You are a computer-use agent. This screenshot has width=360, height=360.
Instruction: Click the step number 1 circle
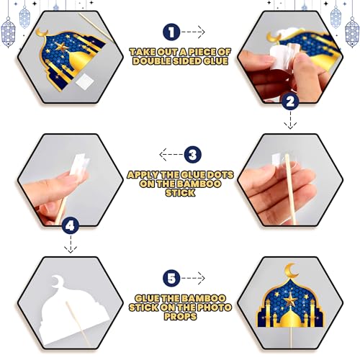[x=171, y=32]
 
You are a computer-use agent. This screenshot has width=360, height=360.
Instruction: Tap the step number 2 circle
[x=290, y=102]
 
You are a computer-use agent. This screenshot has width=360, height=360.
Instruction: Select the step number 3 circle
[x=193, y=155]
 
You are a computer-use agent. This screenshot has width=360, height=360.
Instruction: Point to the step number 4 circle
[x=70, y=225]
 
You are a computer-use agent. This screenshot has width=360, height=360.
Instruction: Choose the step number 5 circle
[x=171, y=279]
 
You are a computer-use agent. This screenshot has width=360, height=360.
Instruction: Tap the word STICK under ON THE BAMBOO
[x=180, y=193]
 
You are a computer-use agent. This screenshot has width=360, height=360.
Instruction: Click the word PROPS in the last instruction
[x=180, y=316]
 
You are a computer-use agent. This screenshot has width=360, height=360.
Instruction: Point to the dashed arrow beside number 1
[x=193, y=32]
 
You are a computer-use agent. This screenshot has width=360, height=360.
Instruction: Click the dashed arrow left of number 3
[x=171, y=155]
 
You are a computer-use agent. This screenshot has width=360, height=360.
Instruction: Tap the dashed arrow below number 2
[x=290, y=120]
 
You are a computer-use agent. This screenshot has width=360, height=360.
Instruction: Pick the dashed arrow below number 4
[x=71, y=244]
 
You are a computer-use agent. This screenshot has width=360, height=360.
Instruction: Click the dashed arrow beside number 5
[x=193, y=279]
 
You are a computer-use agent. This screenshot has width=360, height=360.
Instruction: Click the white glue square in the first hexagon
[x=85, y=81]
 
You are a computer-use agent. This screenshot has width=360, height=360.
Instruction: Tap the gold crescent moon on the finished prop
[x=290, y=271]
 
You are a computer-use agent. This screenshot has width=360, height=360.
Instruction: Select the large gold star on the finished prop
[x=291, y=300]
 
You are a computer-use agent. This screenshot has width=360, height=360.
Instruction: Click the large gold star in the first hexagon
[x=62, y=47]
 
